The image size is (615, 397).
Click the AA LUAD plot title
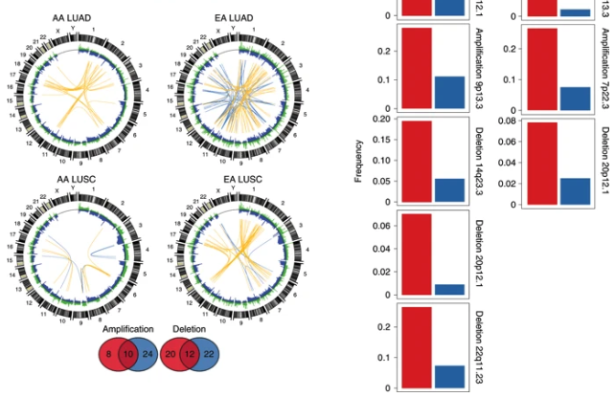coord(80,17)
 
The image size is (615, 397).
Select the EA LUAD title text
coord(201,17)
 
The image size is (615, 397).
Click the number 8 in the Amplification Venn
coord(109,353)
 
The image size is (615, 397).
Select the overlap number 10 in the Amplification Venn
coord(127,353)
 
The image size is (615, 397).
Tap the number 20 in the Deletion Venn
coord(170,353)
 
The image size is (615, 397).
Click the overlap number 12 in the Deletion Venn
coord(188,353)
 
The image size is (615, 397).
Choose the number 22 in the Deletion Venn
coord(207,353)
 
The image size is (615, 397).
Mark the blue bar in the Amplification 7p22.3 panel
coord(575,99)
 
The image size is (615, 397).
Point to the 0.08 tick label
coord(510,121)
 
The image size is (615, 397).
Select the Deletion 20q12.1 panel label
coord(604,163)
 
